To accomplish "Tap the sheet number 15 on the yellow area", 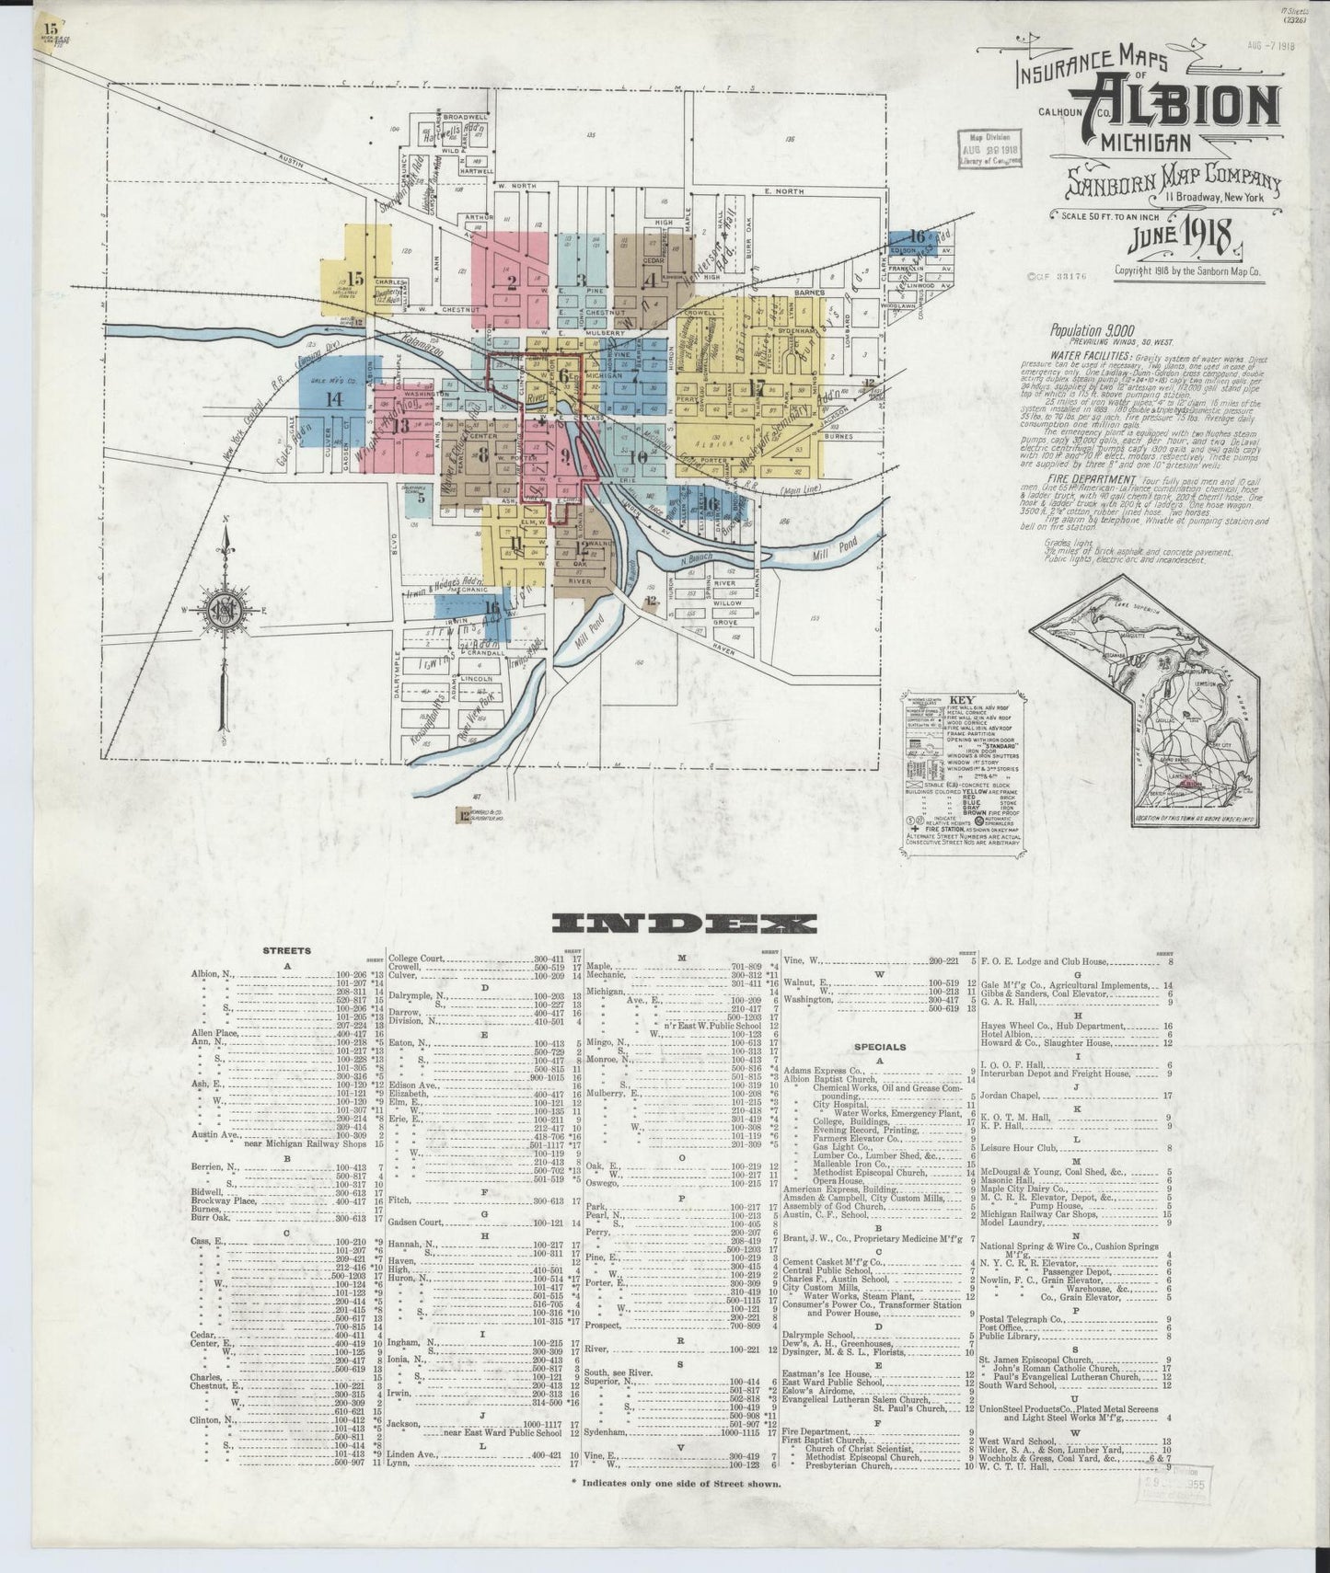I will [x=356, y=280].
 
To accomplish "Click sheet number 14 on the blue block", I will [x=332, y=398].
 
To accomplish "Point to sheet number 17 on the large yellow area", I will [x=758, y=385].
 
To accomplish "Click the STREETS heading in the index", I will [x=285, y=951].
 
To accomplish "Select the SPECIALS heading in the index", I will [x=880, y=1046].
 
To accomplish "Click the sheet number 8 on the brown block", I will [x=483, y=454].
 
